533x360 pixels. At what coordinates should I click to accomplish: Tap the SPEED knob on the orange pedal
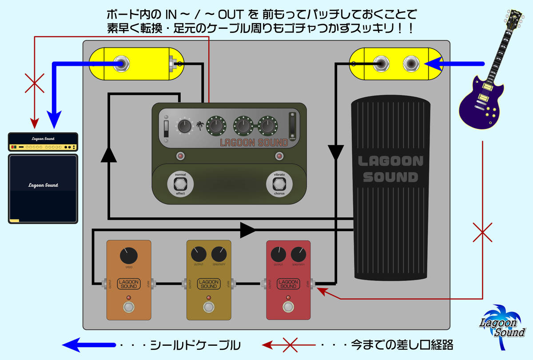(x=128, y=256)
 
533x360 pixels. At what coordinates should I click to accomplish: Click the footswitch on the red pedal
(x=288, y=307)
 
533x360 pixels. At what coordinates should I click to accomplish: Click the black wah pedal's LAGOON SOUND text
(x=390, y=169)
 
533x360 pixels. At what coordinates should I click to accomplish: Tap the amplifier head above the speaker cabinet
(x=43, y=142)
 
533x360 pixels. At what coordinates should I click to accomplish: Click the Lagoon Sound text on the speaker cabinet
(x=43, y=185)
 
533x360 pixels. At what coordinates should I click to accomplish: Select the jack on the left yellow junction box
(x=121, y=64)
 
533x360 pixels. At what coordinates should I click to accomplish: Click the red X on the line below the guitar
(x=482, y=232)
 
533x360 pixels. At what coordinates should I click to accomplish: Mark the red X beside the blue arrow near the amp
(x=35, y=82)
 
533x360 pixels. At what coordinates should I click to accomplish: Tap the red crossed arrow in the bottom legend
(x=289, y=344)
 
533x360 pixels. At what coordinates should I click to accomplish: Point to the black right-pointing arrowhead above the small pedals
(x=247, y=230)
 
